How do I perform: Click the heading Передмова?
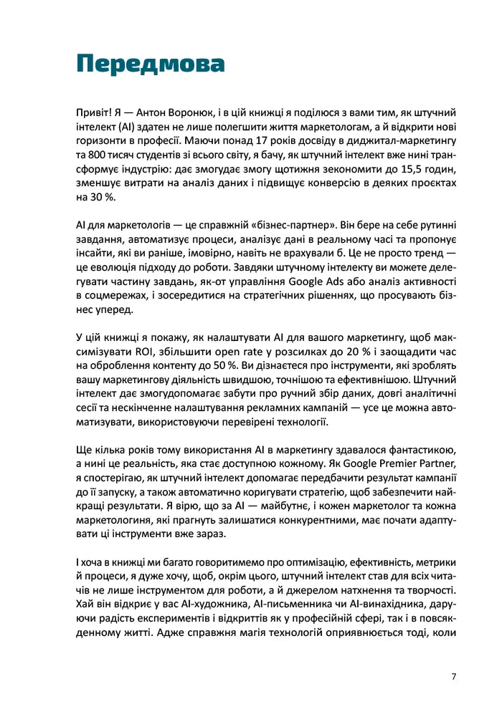pos(150,64)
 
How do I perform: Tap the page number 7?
pos(454,675)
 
